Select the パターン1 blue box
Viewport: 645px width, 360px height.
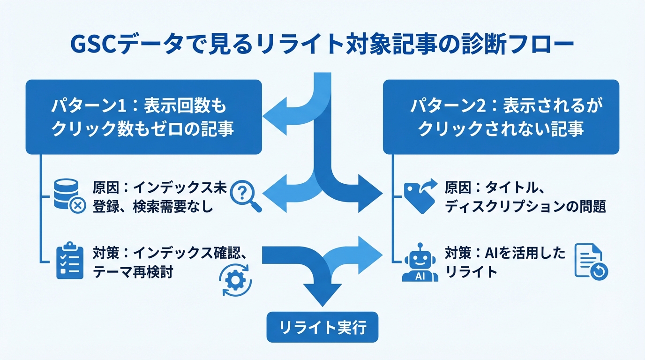(x=143, y=117)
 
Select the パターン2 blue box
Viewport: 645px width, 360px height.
(x=501, y=117)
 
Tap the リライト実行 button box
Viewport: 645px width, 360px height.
(x=322, y=327)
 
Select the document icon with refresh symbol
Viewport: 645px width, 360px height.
(x=591, y=262)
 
